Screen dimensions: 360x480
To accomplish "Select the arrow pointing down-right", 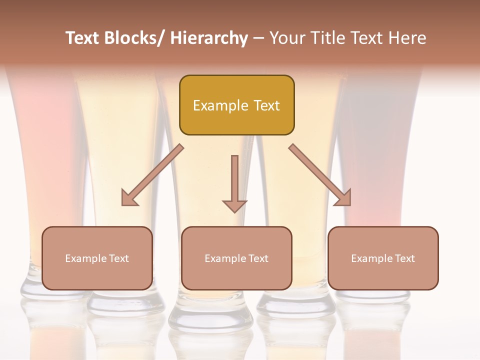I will [320, 175].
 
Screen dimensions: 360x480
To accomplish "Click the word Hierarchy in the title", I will [209, 38].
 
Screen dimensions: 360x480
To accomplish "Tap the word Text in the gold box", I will [265, 105].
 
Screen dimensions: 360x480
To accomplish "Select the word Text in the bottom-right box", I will [404, 258].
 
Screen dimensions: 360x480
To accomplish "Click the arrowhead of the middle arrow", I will [234, 205].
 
